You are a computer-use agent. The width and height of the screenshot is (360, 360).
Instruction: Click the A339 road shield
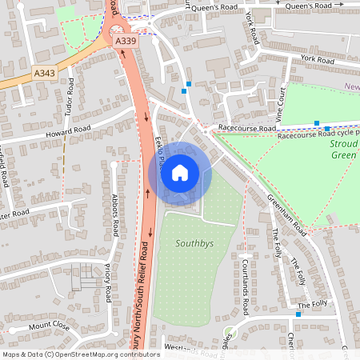[124, 41]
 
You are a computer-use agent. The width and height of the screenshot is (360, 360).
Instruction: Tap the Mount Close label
[50, 326]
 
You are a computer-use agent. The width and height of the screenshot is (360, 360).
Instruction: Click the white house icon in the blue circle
[180, 173]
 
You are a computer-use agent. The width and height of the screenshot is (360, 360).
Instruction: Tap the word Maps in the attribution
[11, 354]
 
